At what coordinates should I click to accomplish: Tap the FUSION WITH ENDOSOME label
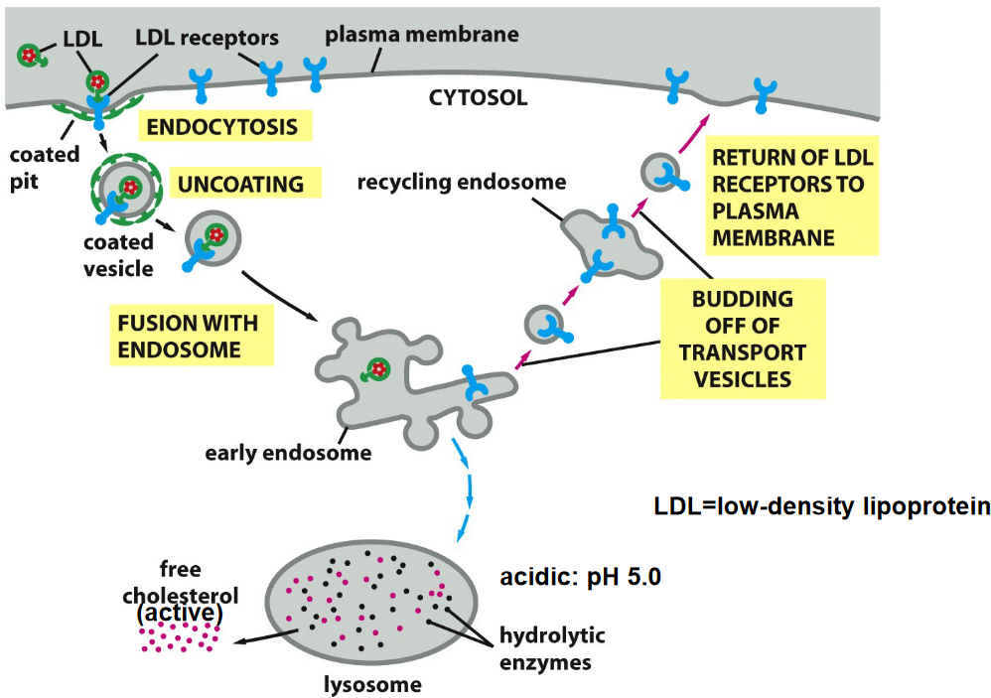point(188,337)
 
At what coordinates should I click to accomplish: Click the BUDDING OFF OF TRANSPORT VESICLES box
point(743,339)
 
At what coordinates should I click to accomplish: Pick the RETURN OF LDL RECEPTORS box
point(790,198)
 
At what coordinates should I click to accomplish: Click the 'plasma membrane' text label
point(422,35)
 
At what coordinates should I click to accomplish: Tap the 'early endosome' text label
point(288,454)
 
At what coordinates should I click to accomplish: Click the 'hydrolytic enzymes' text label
point(551,647)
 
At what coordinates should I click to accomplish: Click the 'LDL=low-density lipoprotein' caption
point(821,506)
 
